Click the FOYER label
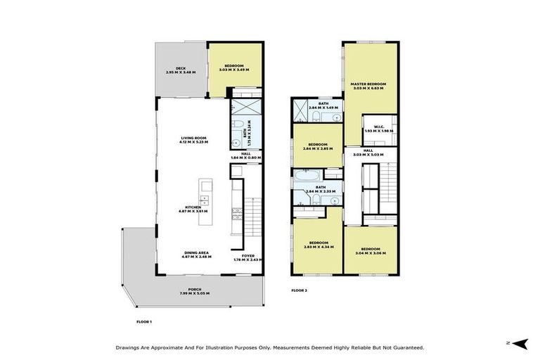(x=248, y=256)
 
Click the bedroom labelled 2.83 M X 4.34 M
(x=317, y=244)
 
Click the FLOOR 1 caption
(x=143, y=321)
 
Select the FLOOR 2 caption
(x=300, y=290)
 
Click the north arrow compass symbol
(x=520, y=342)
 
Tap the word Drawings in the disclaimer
(x=129, y=347)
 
